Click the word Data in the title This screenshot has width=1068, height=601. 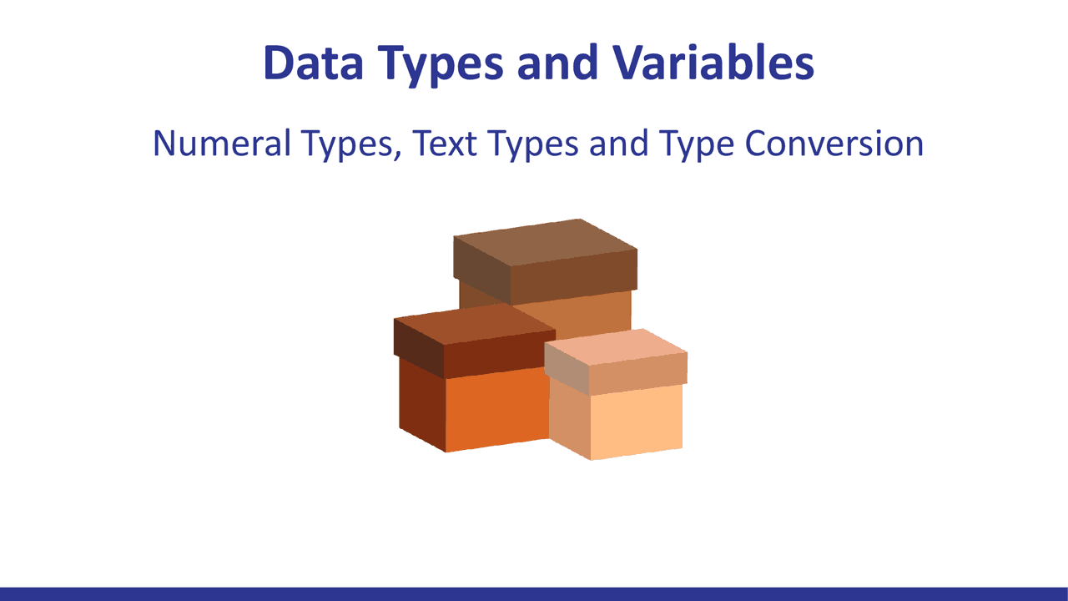313,63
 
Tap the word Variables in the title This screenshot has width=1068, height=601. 713,63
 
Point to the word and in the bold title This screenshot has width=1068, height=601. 557,62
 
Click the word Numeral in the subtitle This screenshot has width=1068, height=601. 221,143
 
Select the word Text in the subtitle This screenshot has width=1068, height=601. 445,143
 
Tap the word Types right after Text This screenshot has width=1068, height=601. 532,145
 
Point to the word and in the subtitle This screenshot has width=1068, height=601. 619,143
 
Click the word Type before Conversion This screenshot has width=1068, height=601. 697,145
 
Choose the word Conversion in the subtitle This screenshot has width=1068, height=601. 834,143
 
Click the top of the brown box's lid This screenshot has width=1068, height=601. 546,242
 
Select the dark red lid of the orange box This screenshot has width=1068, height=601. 475,341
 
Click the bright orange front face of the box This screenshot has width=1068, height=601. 496,409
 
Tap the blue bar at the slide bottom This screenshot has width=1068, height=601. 534,593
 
